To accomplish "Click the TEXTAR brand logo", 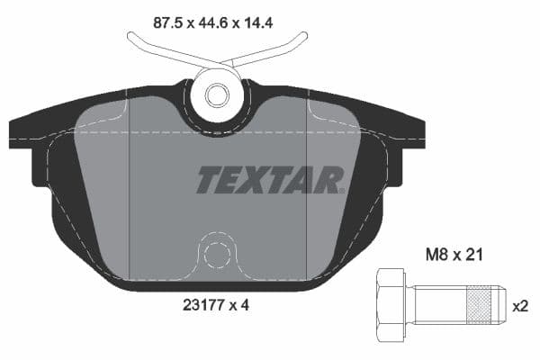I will [x=270, y=180].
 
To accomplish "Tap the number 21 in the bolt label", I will [x=474, y=255].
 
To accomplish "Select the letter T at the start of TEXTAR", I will [x=209, y=180].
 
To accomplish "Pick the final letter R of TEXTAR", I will [x=330, y=180].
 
